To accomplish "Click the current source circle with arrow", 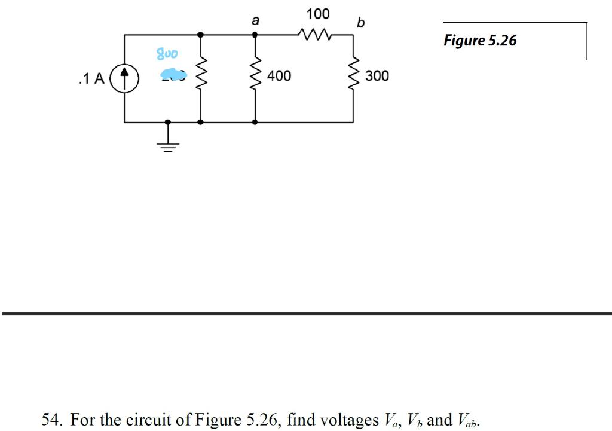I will pos(124,78).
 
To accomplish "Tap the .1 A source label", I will pos(91,78).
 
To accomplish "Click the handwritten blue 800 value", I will pos(167,54).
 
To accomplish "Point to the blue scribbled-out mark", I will pos(173,75).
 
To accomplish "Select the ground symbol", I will pos(168,143).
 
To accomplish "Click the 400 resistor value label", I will pos(279,76).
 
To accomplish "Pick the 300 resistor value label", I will pos(377,76).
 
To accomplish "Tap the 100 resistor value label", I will pos(317,14).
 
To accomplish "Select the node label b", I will pos(360,23).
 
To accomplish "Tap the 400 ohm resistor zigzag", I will pos(256,76).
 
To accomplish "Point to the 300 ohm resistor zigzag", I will pos(353,76).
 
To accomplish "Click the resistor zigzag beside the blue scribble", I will pos(200,76).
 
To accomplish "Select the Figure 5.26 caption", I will pos(480,41).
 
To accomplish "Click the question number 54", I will pos(52,420).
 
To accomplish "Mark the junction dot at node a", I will pos(255,35).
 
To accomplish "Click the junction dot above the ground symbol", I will pos(168,122).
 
